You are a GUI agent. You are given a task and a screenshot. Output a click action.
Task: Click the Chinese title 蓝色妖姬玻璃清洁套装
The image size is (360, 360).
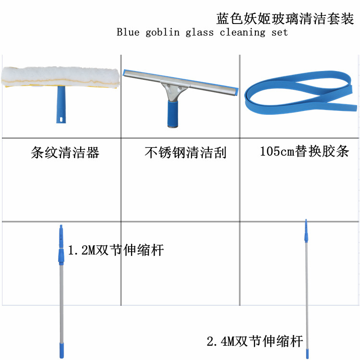tap(285, 19)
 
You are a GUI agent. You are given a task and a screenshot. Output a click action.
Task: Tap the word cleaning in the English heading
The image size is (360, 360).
tap(242, 33)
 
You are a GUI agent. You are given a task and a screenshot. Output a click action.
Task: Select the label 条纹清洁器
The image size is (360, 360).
tap(65, 153)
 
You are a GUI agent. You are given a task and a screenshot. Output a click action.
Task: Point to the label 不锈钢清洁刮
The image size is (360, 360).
tap(185, 153)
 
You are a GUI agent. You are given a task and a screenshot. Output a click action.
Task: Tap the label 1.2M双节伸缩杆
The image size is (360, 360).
tap(116, 250)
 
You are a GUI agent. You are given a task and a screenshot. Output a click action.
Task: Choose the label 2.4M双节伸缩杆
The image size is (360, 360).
tap(255, 341)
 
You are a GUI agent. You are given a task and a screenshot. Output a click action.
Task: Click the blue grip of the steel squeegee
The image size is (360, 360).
tap(173, 115)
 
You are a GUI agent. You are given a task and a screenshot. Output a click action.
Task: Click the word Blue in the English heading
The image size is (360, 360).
tap(128, 33)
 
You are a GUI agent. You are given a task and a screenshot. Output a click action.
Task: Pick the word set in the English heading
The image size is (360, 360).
tap(279, 33)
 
